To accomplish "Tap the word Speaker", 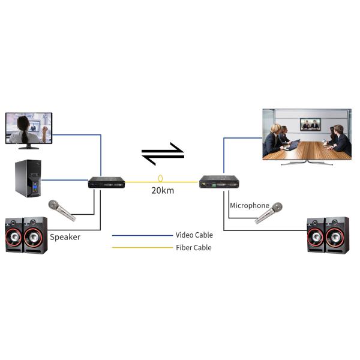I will (x=65, y=237).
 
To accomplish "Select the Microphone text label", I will (x=249, y=205).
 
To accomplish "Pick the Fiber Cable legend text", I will (x=193, y=248).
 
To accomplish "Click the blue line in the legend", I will (x=142, y=235).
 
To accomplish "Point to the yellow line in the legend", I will (x=142, y=248).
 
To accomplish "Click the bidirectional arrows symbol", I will (x=162, y=153).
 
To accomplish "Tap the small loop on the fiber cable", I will (x=160, y=179).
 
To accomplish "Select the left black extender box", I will (x=106, y=182).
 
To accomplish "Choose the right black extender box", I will (x=220, y=182).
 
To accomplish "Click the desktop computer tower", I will (x=28, y=178).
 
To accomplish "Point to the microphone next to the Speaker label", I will (x=61, y=210).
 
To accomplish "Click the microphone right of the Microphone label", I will (x=269, y=213).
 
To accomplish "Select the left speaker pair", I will (x=26, y=235).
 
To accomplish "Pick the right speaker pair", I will (x=328, y=235).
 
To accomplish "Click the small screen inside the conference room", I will (x=310, y=124).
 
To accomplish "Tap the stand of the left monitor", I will (x=28, y=145).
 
